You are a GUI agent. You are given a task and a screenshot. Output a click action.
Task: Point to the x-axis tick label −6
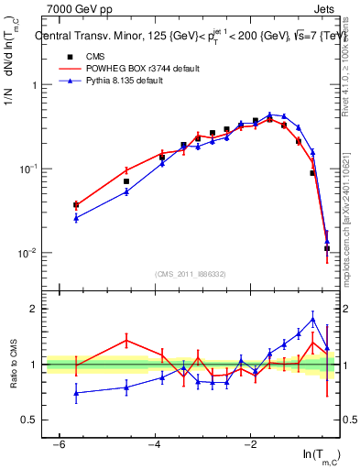(x=59, y=444)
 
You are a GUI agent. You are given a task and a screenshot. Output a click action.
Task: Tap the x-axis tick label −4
(x=154, y=444)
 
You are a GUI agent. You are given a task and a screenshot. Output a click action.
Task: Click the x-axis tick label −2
(x=250, y=444)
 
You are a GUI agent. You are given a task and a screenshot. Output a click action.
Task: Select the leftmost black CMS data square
(x=76, y=205)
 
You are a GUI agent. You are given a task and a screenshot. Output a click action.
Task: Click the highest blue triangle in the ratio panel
(x=313, y=320)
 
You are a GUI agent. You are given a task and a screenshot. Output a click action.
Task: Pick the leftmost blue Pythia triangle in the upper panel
(x=76, y=218)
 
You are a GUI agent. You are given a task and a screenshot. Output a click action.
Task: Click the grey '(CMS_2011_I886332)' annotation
(x=191, y=274)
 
